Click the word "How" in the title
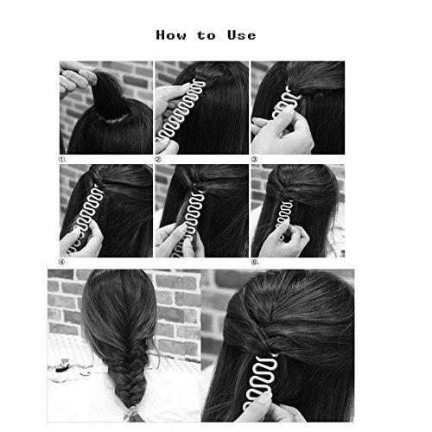click(171, 35)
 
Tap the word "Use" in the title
click(240, 35)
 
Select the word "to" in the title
click(206, 36)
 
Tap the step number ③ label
click(255, 158)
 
